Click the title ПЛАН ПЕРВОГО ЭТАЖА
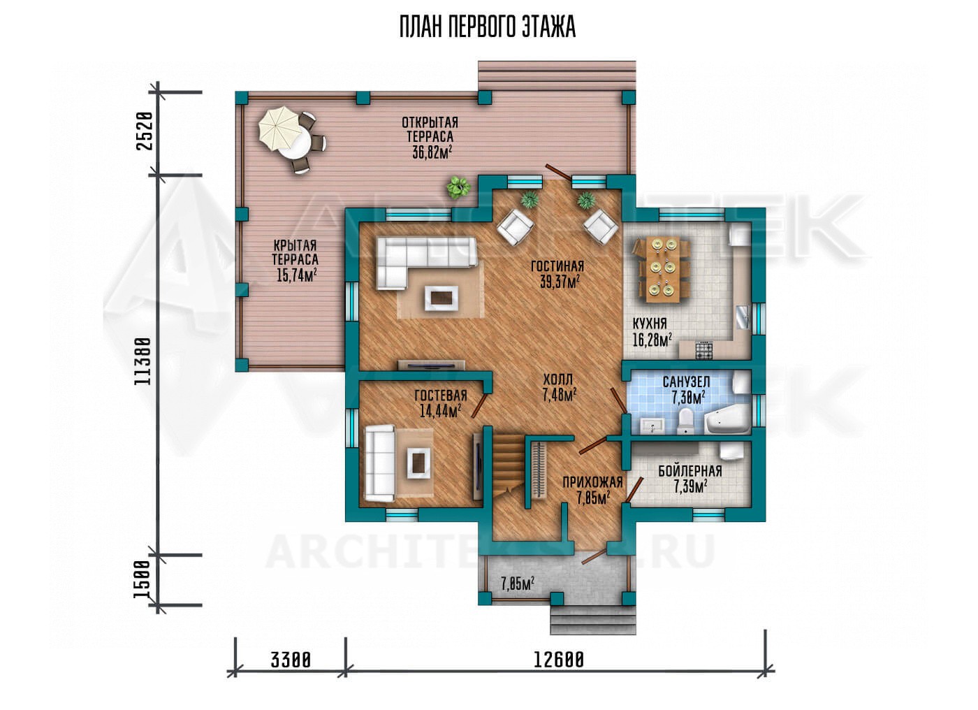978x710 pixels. tap(488, 28)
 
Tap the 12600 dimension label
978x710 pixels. tap(558, 660)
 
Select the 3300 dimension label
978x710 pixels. tap(291, 660)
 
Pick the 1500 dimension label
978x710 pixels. tap(143, 579)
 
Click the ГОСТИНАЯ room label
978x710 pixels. tap(557, 266)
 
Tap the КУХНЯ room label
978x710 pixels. tap(650, 324)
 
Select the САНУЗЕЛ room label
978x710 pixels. tap(686, 382)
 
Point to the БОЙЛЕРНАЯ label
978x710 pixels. tap(690, 471)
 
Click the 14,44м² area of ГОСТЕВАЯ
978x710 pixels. tap(441, 411)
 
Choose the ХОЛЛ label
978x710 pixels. tap(558, 379)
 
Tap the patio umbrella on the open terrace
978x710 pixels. tap(279, 129)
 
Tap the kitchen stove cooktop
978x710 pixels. tap(703, 350)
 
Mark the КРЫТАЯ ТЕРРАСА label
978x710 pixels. tap(295, 252)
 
